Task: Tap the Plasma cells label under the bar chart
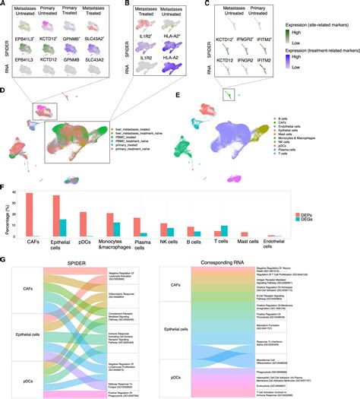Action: tap(138, 248)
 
